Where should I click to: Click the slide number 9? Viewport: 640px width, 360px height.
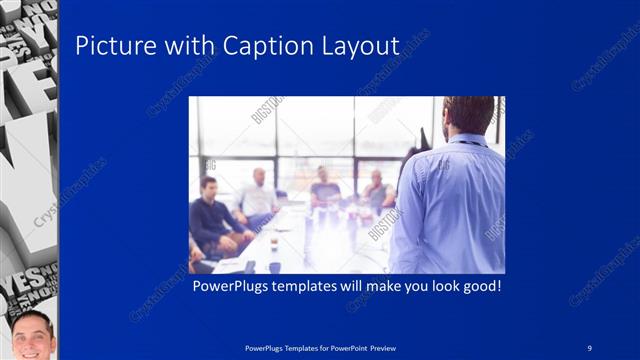(589, 347)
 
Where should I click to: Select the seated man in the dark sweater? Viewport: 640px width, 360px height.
(213, 216)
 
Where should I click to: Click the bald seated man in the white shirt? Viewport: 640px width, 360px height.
(258, 195)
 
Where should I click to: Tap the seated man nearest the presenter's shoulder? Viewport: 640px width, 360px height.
(376, 189)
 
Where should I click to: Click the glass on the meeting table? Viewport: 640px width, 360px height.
(274, 243)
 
